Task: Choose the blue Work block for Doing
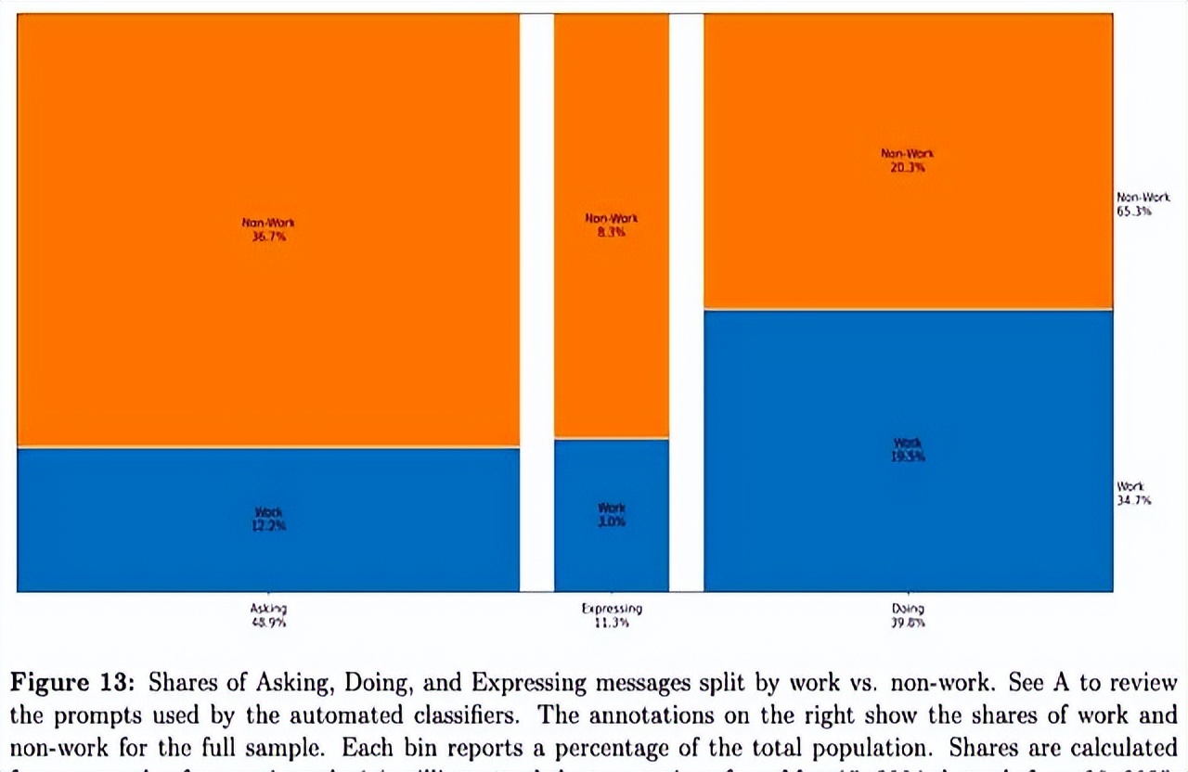pos(908,520)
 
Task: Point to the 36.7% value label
pos(268,238)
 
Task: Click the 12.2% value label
pos(268,526)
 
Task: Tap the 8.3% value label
pos(612,233)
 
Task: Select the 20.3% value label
pos(908,168)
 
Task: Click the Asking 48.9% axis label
pos(268,616)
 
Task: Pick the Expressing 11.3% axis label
pos(612,616)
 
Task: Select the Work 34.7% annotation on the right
pos(1133,494)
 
